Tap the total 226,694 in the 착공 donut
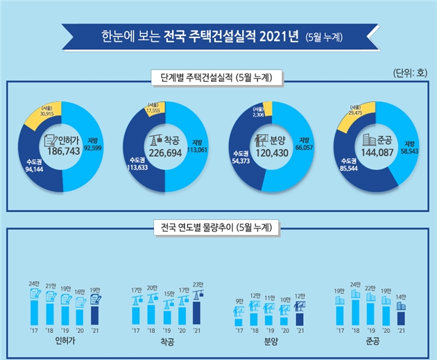pyautogui.click(x=165, y=151)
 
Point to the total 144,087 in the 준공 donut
pyautogui.click(x=374, y=151)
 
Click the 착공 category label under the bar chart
pyautogui.click(x=165, y=343)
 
